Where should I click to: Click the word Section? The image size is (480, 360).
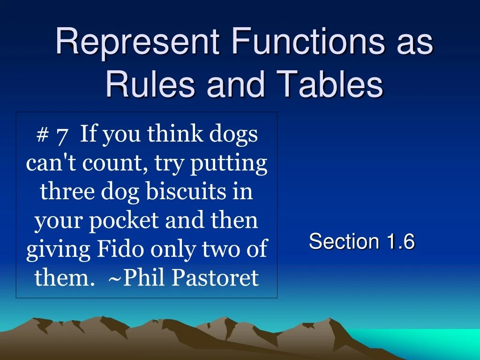[x=344, y=242]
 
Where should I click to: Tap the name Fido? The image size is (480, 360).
[x=120, y=249]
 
